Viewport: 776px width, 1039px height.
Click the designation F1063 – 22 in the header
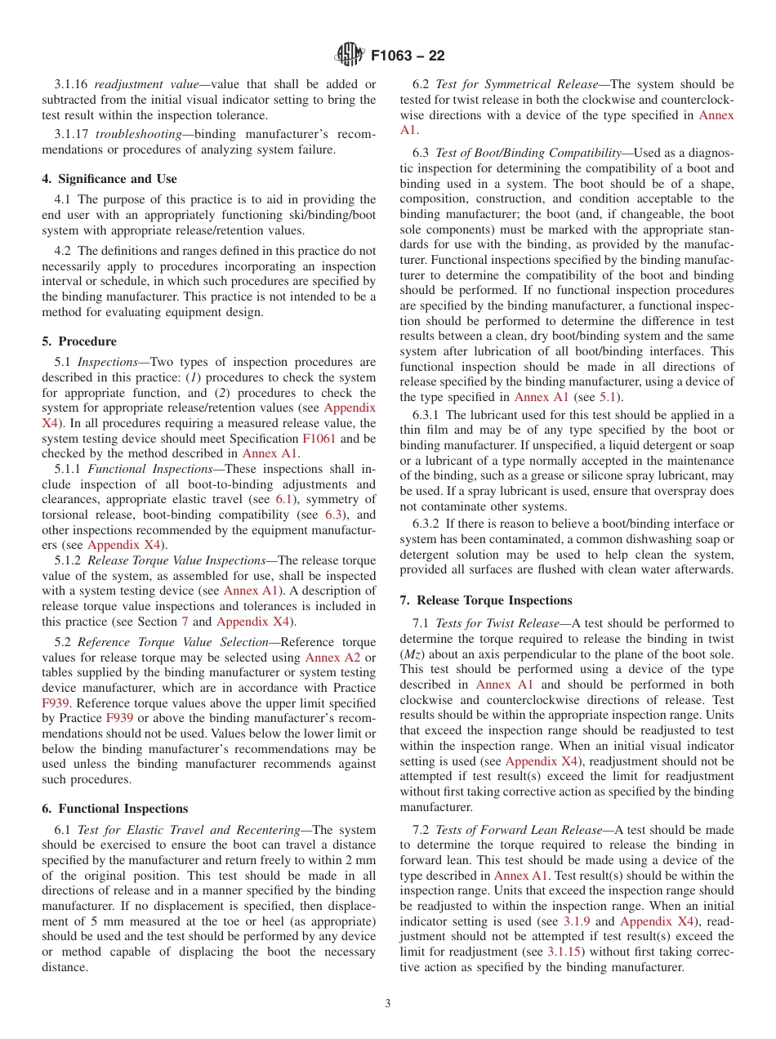click(x=408, y=56)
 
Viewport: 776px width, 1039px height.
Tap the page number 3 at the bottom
click(x=388, y=1003)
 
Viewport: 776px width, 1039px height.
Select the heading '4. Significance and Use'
click(x=109, y=179)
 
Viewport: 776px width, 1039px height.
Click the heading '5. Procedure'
click(x=79, y=341)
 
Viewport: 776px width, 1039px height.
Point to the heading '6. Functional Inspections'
click(x=115, y=809)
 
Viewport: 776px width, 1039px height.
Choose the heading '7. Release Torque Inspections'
click(x=486, y=600)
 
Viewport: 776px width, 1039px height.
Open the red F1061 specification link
click(x=319, y=439)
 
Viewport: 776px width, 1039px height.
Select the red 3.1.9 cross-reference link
click(x=578, y=922)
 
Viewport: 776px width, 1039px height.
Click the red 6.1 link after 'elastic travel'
click(x=283, y=499)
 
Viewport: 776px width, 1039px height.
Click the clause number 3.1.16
click(x=72, y=84)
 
